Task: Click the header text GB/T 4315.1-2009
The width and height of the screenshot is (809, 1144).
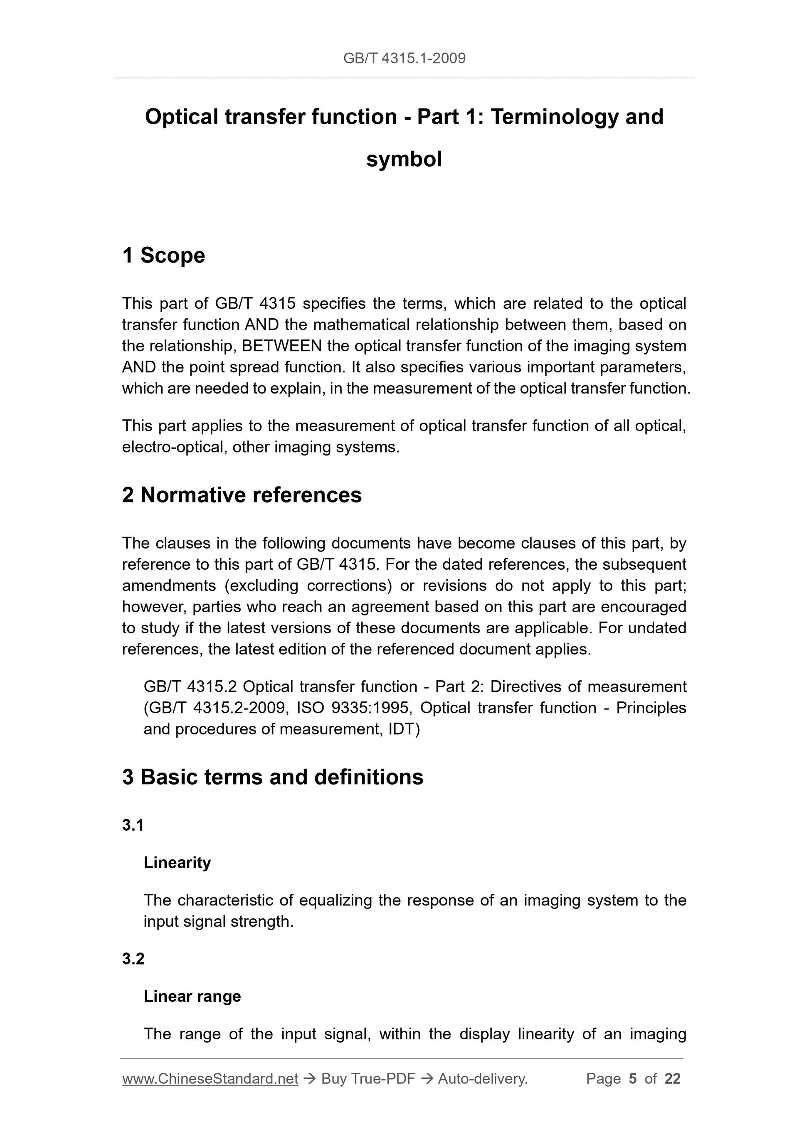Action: coord(404,58)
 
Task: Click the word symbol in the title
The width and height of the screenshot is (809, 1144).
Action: coord(404,160)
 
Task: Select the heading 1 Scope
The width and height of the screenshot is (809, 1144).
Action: coord(163,255)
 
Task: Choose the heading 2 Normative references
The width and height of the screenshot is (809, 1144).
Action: coord(242,495)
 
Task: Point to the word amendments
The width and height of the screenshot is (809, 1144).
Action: coord(169,586)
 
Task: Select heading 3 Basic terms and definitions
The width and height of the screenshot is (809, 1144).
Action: coord(273,777)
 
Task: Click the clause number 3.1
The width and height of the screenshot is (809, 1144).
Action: coord(133,825)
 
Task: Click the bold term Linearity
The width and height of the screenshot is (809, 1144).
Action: coord(177,863)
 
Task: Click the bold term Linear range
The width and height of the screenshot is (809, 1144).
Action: coord(192,996)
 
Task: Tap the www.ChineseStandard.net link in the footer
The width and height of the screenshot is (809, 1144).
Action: coord(210,1079)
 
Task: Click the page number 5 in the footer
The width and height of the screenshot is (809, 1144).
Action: coord(633,1079)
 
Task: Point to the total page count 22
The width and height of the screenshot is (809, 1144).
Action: coord(672,1079)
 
